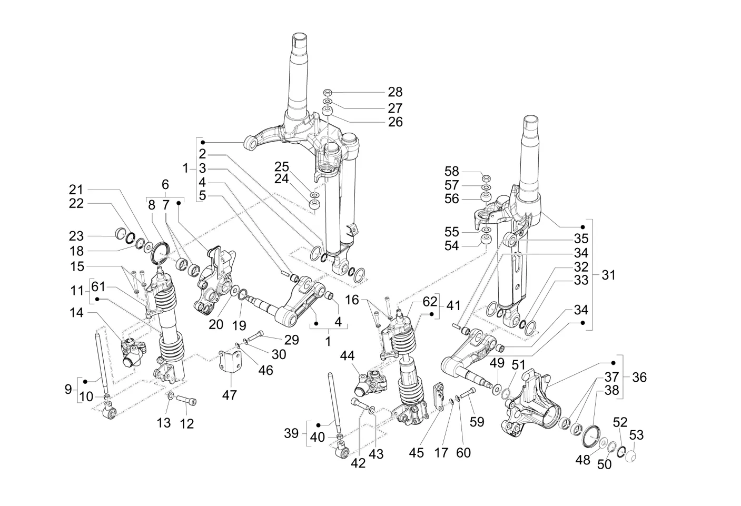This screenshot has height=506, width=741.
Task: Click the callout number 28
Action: pos(395,92)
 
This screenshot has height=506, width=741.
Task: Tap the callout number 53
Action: pos(636,435)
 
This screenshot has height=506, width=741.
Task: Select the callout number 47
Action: pos(230,394)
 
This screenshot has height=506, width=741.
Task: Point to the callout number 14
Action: pos(76,313)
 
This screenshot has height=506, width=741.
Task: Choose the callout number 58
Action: pos(451,172)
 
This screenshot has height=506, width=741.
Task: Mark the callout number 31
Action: pos(608,275)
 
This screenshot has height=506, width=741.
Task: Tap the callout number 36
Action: pos(639,377)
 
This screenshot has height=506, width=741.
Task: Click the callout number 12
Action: pos(187,423)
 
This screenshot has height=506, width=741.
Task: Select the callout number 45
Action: pos(417,452)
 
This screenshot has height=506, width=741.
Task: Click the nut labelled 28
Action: pos(327,92)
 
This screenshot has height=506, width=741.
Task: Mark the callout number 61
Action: pos(98,287)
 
